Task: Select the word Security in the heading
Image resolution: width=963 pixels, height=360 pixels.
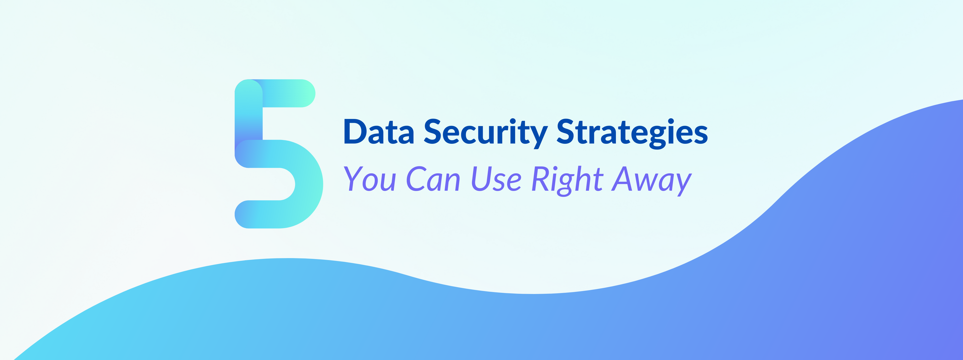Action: [486, 133]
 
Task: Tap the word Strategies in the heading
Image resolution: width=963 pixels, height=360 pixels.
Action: [632, 133]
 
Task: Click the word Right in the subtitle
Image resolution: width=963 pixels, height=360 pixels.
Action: [567, 181]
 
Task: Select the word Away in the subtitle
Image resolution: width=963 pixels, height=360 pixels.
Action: [651, 181]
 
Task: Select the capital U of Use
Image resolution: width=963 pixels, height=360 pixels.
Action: [481, 179]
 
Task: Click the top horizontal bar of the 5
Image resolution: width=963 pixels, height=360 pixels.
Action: [282, 93]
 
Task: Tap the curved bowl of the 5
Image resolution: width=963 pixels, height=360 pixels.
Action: [309, 184]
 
